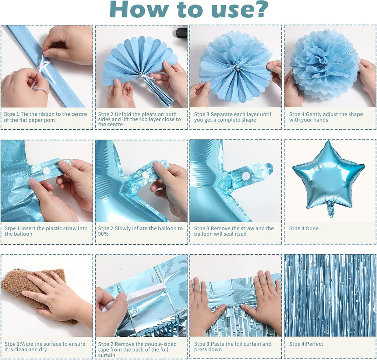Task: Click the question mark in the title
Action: click(x=259, y=9)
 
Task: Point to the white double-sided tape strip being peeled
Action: click(x=137, y=294)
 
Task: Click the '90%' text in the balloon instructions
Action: click(x=103, y=234)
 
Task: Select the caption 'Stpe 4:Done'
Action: click(x=304, y=228)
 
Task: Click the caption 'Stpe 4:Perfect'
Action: click(x=306, y=344)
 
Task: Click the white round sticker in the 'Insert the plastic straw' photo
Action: click(x=46, y=171)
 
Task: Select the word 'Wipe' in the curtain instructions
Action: click(x=27, y=344)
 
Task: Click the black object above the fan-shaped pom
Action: click(x=181, y=32)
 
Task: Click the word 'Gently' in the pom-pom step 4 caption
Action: click(x=314, y=114)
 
